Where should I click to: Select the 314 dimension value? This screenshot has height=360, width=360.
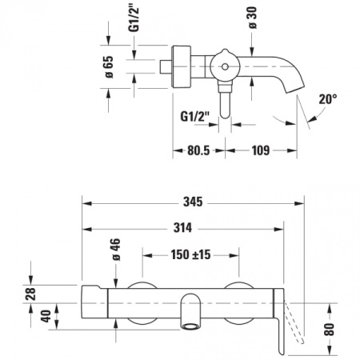[184, 228]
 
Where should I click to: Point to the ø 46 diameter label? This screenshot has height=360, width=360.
[114, 250]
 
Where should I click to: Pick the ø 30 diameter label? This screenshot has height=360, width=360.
[253, 22]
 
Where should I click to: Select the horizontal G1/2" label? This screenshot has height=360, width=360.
[194, 116]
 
